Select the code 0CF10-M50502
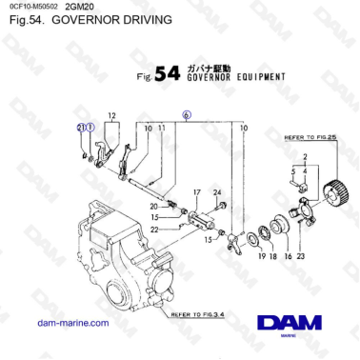pyautogui.click(x=32, y=7)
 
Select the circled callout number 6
pyautogui.click(x=186, y=113)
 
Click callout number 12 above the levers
pyautogui.click(x=111, y=116)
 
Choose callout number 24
pyautogui.click(x=220, y=192)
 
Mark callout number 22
pyautogui.click(x=152, y=229)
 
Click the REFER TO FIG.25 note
pyautogui.click(x=310, y=138)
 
